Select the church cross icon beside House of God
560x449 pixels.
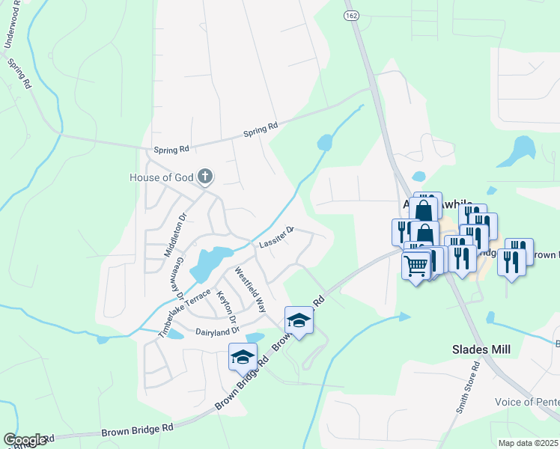pyautogui.click(x=205, y=177)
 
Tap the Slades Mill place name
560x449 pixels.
pyautogui.click(x=481, y=349)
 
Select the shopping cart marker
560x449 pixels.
pyautogui.click(x=416, y=264)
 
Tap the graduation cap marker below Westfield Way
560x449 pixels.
pyautogui.click(x=299, y=320)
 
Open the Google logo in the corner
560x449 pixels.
pyautogui.click(x=25, y=440)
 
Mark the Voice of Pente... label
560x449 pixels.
pyautogui.click(x=526, y=402)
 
